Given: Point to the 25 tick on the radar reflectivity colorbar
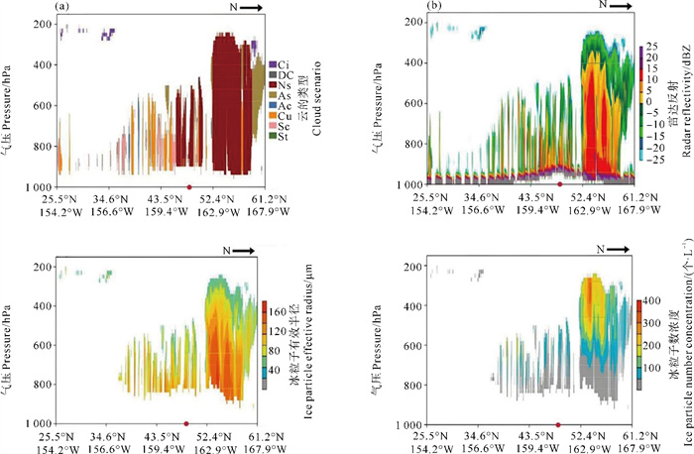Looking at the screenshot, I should point(649,47).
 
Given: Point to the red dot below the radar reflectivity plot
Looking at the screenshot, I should point(561,185).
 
